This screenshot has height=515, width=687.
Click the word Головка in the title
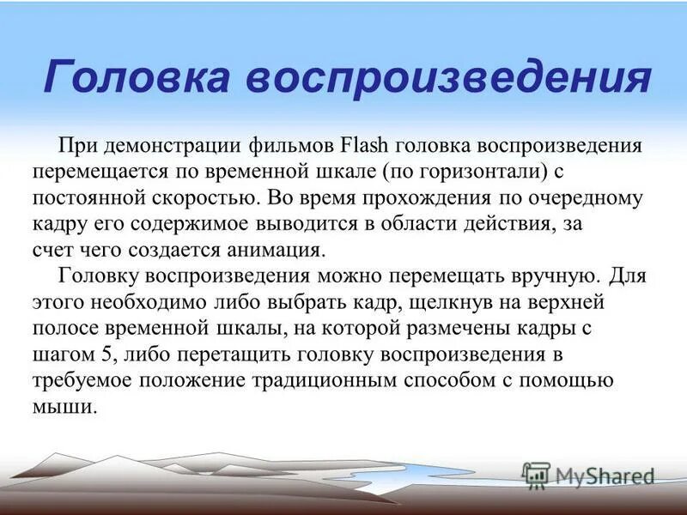coord(137,78)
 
